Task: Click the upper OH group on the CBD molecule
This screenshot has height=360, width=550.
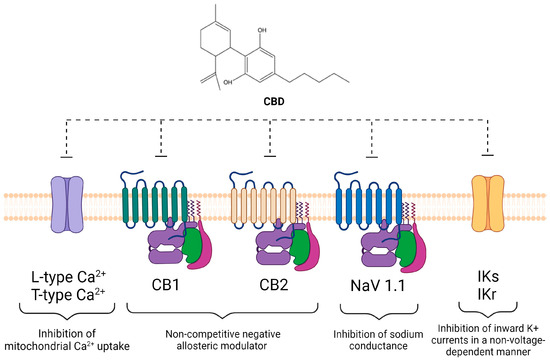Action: coord(262,31)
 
